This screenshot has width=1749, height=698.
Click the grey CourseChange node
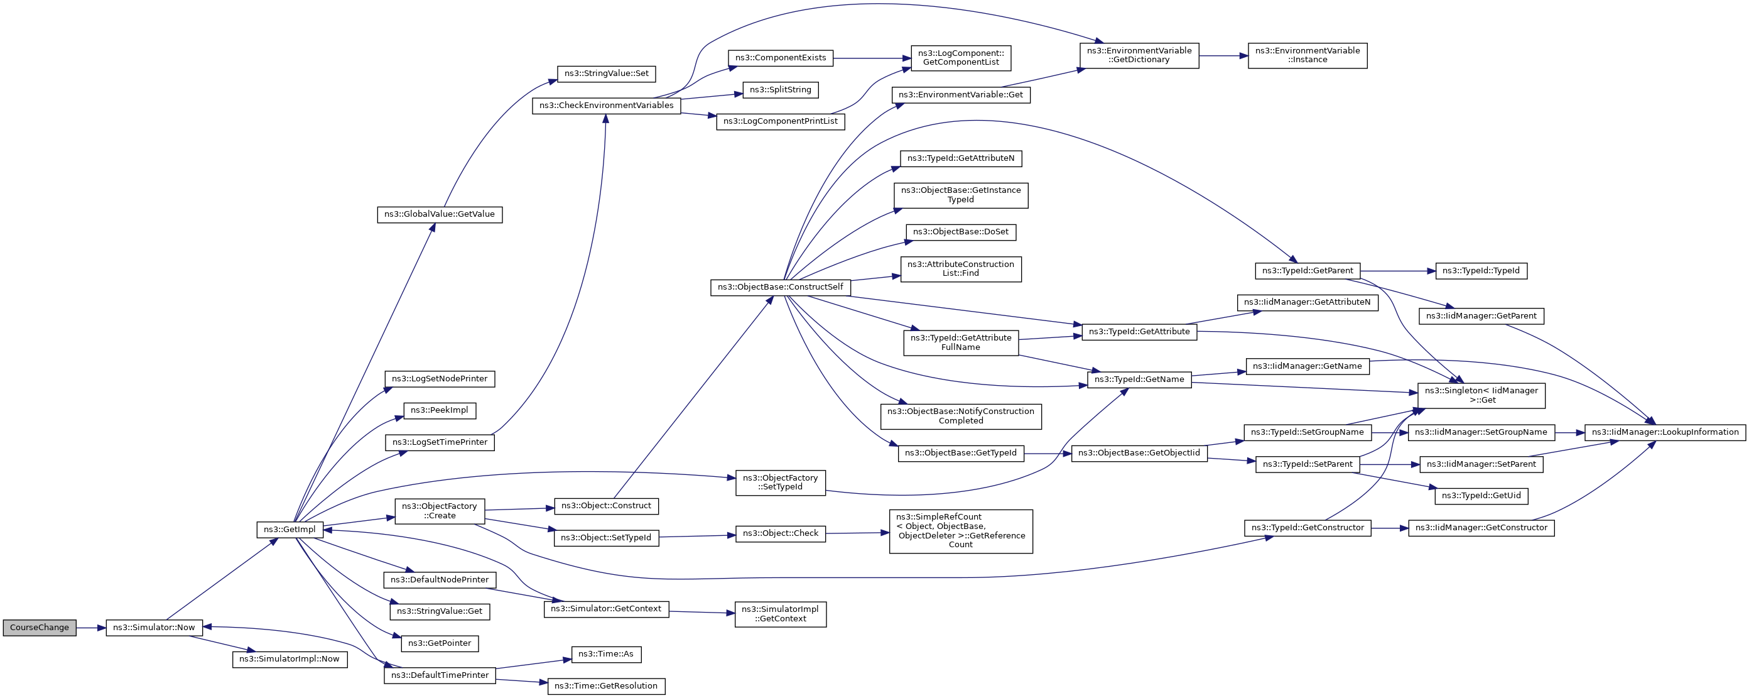click(39, 628)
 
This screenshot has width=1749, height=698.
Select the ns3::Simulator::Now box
click(153, 628)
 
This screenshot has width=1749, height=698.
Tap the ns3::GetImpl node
click(290, 530)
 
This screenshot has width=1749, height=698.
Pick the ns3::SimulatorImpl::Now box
click(290, 658)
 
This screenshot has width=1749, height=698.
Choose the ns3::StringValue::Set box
click(606, 74)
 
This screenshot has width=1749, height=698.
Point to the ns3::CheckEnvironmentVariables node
click(605, 106)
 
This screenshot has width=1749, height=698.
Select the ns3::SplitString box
click(780, 90)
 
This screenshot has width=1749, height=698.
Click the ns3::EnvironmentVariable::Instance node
click(1307, 56)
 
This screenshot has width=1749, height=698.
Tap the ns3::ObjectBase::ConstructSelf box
click(779, 287)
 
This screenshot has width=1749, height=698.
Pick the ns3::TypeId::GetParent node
click(1307, 271)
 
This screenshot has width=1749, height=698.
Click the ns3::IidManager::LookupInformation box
click(1665, 432)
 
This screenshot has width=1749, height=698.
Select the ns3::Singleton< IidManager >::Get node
click(1481, 396)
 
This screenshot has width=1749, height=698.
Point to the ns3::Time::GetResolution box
click(605, 687)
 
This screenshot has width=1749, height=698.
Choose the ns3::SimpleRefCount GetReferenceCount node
click(960, 531)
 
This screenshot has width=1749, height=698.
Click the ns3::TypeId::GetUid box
click(1481, 496)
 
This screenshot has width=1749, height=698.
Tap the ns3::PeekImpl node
click(439, 411)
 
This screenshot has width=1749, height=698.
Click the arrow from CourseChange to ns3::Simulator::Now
click(91, 628)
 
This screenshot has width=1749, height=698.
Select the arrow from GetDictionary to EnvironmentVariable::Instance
click(1223, 56)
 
